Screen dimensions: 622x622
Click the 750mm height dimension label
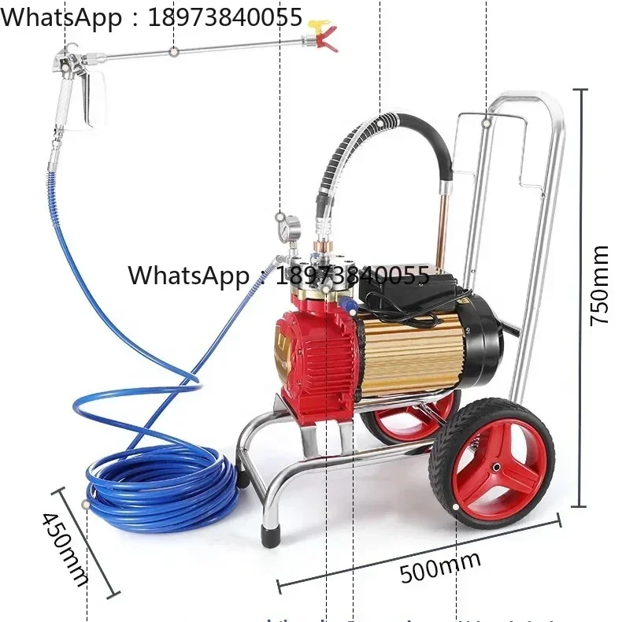pyautogui.click(x=600, y=285)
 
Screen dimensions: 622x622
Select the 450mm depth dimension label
pyautogui.click(x=65, y=548)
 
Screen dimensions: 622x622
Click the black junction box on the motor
pyautogui.click(x=405, y=291)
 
